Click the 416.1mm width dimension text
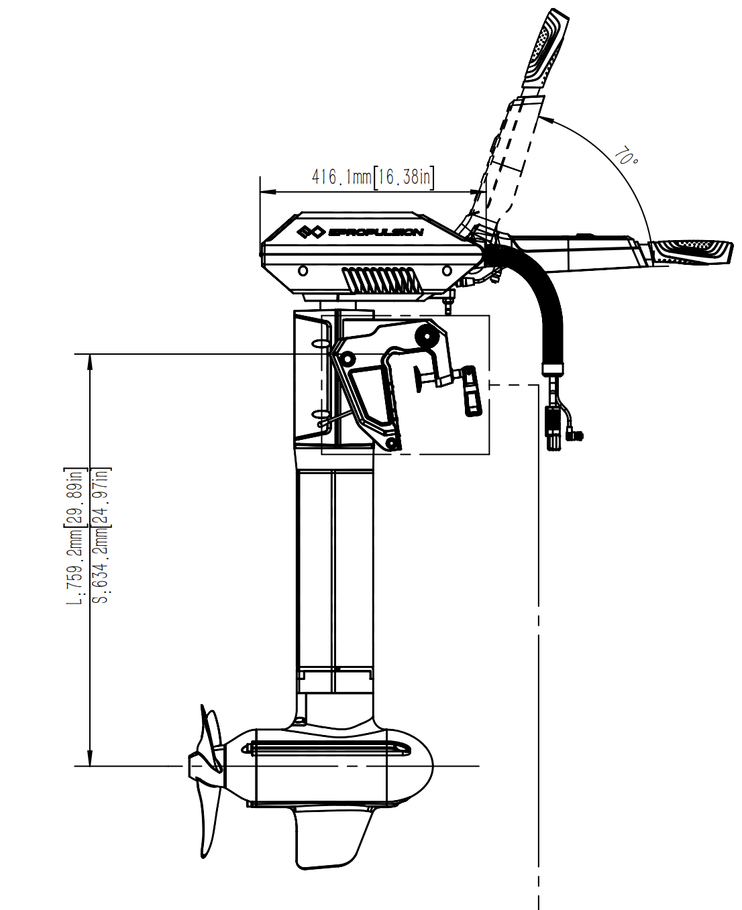coord(341,177)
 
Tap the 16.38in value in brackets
coord(404,177)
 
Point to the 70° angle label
coord(626,157)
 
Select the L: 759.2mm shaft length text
coord(75,536)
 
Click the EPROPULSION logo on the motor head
coord(360,232)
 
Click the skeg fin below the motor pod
coord(329,838)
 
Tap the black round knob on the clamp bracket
coord(425,335)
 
